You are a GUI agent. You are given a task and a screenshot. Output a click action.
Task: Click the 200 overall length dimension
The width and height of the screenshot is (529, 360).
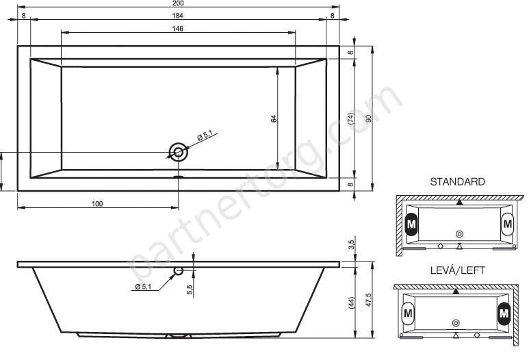(178, 3)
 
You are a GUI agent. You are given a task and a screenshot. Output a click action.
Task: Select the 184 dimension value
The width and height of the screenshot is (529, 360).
(178, 16)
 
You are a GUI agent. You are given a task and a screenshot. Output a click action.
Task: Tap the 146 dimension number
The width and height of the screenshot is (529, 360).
(178, 29)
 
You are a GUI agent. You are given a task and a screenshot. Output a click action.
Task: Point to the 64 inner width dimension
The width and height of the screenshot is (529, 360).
(274, 118)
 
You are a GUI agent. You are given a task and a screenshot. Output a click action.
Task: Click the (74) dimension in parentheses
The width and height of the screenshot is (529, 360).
(351, 118)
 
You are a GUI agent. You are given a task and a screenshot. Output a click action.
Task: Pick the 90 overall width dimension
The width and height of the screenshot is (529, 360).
(369, 118)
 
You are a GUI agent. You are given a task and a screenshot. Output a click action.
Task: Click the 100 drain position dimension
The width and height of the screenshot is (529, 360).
(97, 204)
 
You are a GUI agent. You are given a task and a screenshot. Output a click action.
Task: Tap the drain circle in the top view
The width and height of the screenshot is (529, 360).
(179, 152)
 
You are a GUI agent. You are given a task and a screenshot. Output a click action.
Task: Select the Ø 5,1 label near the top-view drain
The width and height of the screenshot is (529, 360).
(205, 136)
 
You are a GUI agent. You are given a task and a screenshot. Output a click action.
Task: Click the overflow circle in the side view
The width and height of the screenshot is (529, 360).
(178, 270)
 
